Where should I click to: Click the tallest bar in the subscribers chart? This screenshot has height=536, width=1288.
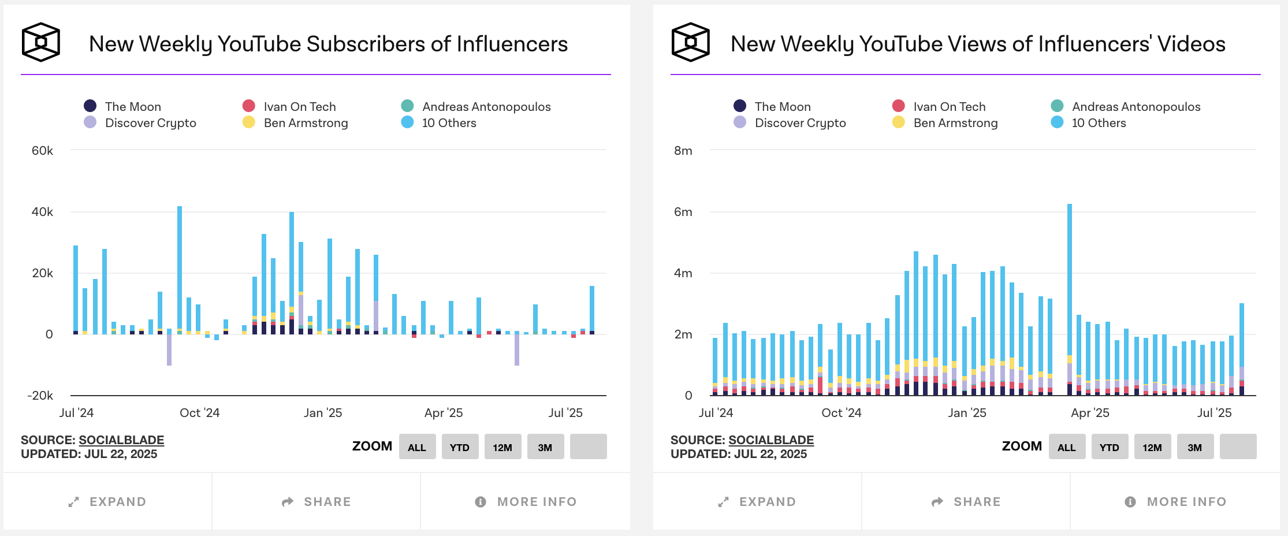click(180, 269)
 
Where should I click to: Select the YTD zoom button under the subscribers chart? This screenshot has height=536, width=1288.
click(460, 447)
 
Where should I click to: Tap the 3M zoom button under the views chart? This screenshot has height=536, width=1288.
click(1195, 447)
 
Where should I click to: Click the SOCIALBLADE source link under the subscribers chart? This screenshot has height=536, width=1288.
click(121, 440)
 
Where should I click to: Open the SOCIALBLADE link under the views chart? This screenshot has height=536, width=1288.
click(771, 440)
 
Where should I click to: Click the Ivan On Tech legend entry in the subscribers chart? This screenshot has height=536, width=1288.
click(299, 107)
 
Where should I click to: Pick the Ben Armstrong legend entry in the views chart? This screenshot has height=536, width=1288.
click(955, 123)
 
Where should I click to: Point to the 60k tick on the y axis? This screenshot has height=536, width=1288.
click(42, 151)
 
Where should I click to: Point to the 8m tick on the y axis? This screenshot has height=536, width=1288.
click(683, 151)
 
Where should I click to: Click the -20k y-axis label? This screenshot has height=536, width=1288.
click(40, 396)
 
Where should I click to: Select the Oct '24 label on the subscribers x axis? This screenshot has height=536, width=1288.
click(200, 413)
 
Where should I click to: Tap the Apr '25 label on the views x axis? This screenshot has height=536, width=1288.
click(1090, 413)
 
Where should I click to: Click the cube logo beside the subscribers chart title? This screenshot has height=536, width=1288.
click(41, 42)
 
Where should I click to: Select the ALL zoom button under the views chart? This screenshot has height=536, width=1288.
click(1066, 447)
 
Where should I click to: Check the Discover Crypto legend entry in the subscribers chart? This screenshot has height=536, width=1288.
click(150, 123)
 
